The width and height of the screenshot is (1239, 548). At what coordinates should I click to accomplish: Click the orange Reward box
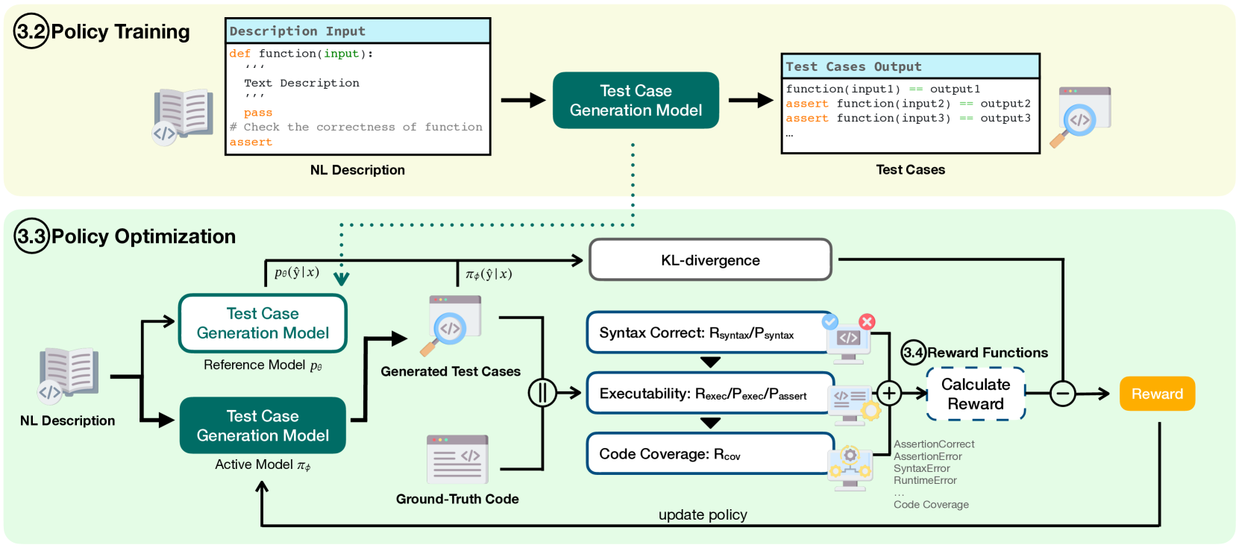1157,394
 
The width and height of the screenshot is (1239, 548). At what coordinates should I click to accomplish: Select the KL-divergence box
710,260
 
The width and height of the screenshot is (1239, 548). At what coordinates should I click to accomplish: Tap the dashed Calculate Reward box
976,394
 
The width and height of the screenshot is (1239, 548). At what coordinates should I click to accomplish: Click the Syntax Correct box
709,333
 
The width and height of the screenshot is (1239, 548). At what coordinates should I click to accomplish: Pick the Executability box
709,393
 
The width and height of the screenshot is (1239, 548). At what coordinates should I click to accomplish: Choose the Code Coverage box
709,453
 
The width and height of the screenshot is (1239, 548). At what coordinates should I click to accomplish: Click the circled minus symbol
1063,394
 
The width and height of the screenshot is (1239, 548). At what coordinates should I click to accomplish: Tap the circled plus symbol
889,393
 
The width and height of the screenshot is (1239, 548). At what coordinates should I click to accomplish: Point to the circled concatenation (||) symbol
542,392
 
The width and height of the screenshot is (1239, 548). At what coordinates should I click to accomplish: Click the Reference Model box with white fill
263,324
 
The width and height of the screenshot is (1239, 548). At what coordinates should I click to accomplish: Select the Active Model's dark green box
263,426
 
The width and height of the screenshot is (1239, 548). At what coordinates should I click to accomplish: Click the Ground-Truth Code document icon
457,459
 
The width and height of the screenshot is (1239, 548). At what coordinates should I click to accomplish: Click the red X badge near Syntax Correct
867,321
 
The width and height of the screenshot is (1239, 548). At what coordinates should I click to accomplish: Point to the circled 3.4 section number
913,353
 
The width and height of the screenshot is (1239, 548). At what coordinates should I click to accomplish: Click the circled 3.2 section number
31,31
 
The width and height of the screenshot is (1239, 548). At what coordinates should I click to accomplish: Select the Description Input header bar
358,31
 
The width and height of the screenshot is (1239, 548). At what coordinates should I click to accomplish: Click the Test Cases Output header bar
910,66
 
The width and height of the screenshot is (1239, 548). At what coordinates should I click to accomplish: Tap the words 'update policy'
703,514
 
